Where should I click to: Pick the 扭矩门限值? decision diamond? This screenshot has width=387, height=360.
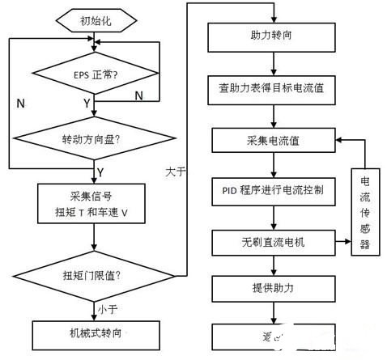94,275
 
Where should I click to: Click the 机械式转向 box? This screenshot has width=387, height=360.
94,332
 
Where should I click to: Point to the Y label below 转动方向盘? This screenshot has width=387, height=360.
100,172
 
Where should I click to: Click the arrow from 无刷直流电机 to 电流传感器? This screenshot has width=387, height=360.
338,241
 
